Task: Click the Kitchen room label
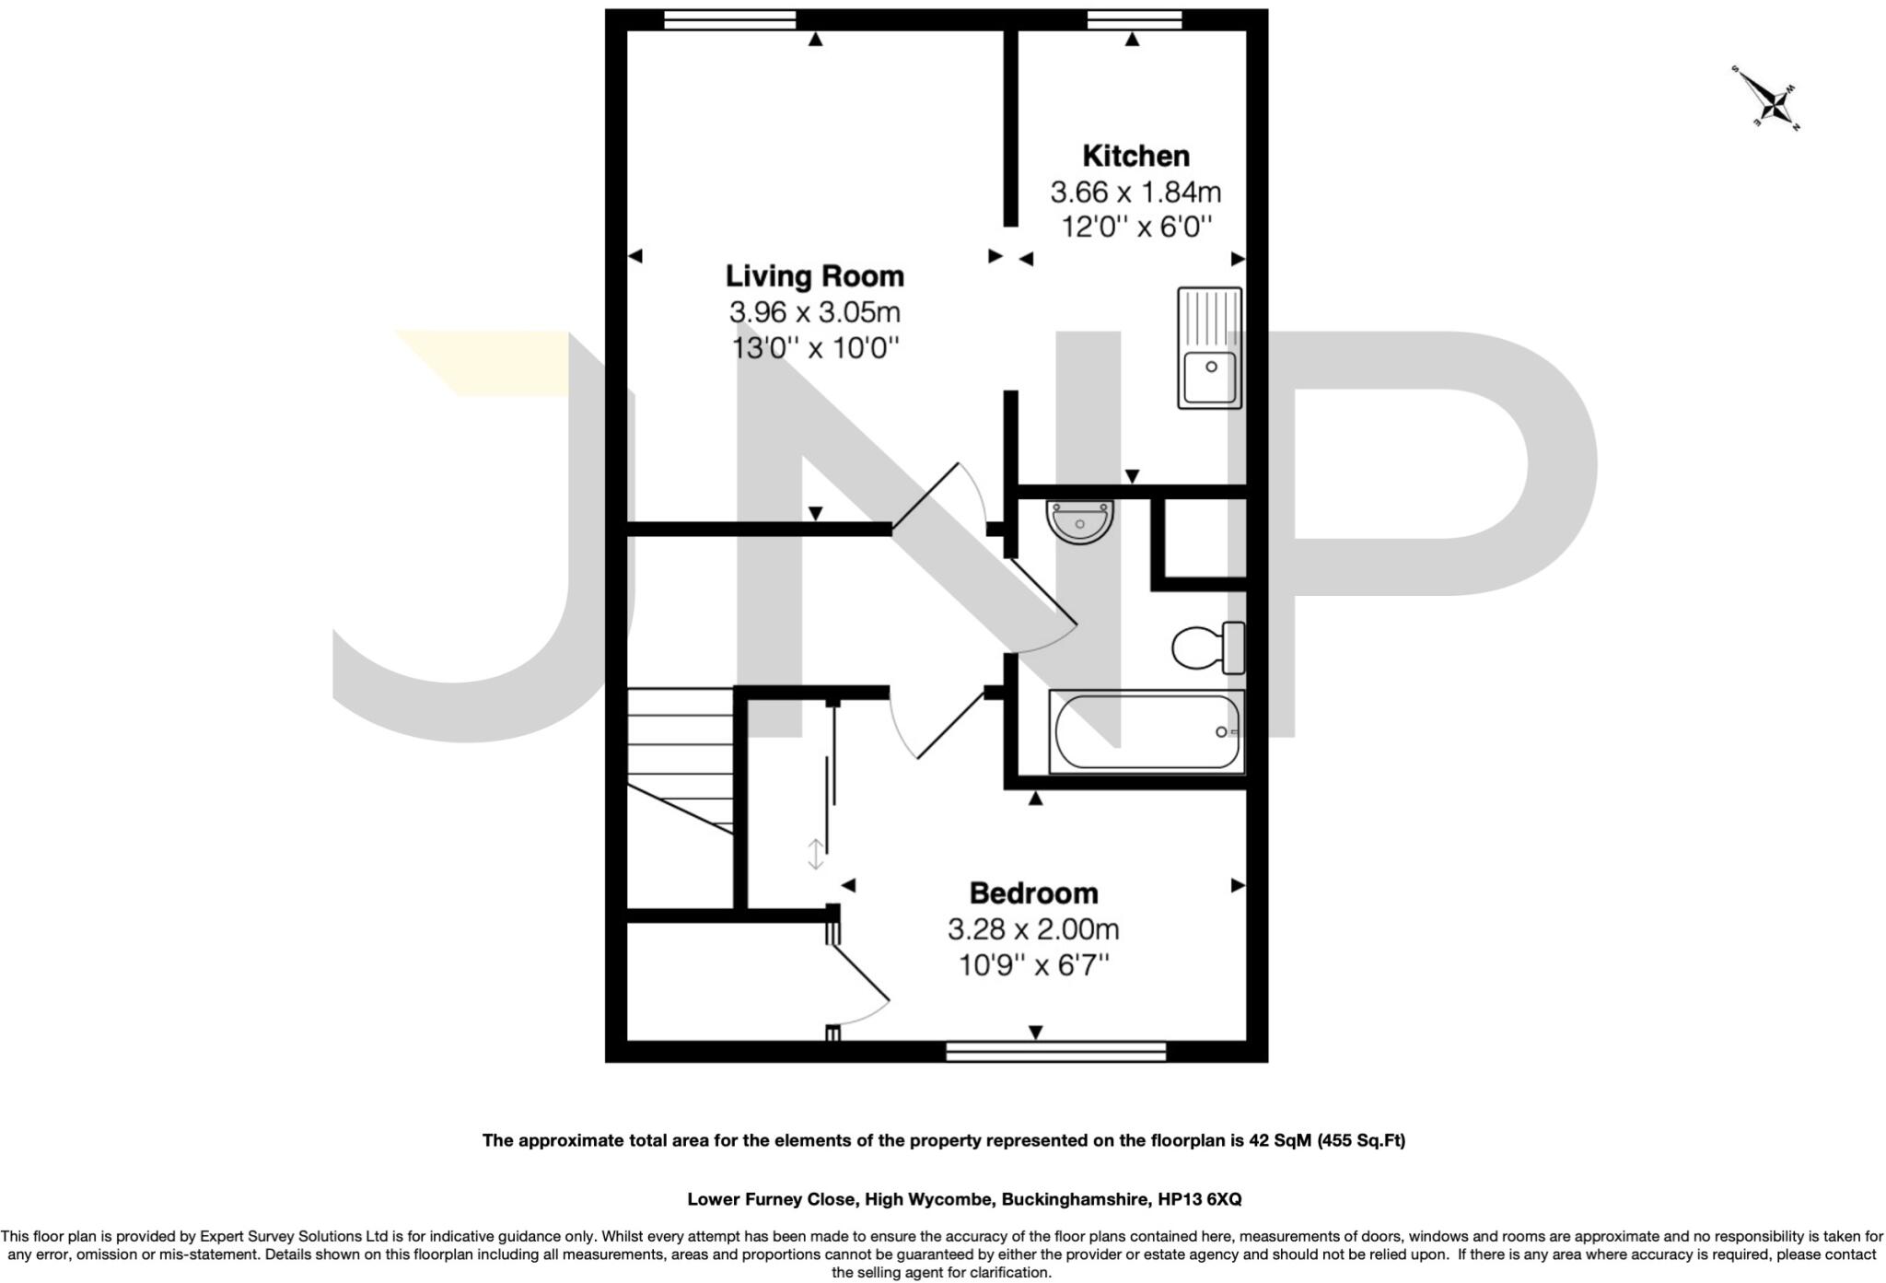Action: [1135, 156]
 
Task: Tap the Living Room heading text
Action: [814, 276]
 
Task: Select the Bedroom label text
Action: [1033, 893]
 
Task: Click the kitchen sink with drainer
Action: [1209, 348]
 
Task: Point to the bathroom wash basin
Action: [1079, 521]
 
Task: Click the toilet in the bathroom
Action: [1207, 647]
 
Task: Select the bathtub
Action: [1147, 732]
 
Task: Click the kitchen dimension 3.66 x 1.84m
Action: [1135, 192]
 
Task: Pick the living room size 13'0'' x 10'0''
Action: [814, 349]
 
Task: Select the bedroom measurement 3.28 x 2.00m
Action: [1033, 929]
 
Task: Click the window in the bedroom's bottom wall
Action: [1055, 1052]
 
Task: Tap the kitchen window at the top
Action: [1135, 19]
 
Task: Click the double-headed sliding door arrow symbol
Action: [815, 854]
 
